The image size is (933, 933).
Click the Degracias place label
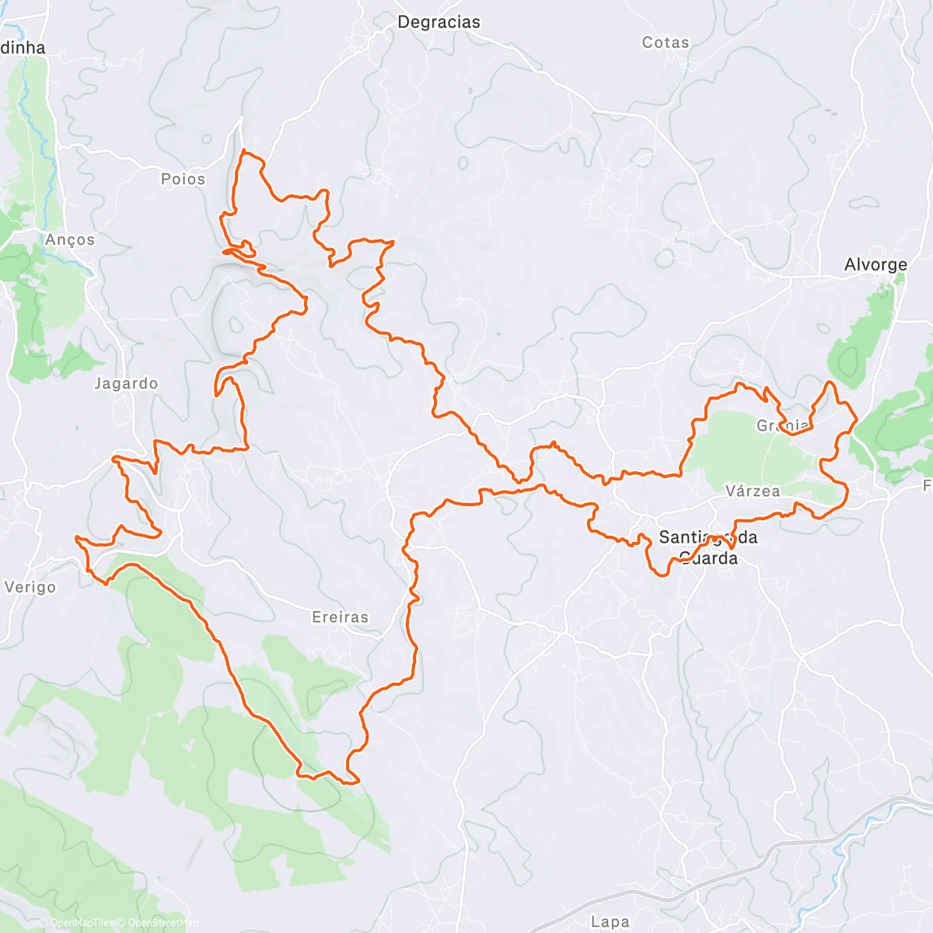439,23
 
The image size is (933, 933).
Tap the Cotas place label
666,43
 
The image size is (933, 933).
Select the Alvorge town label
875,265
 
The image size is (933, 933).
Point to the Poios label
183,180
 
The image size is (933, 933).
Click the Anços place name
70,240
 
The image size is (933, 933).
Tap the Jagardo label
126,383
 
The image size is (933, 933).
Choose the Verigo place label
30,587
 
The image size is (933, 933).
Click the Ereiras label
340,617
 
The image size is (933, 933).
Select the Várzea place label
753,491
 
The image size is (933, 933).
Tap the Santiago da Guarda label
708,547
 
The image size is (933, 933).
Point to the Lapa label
610,922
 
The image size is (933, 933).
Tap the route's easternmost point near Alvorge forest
856,421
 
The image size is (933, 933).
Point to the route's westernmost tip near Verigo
75,537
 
